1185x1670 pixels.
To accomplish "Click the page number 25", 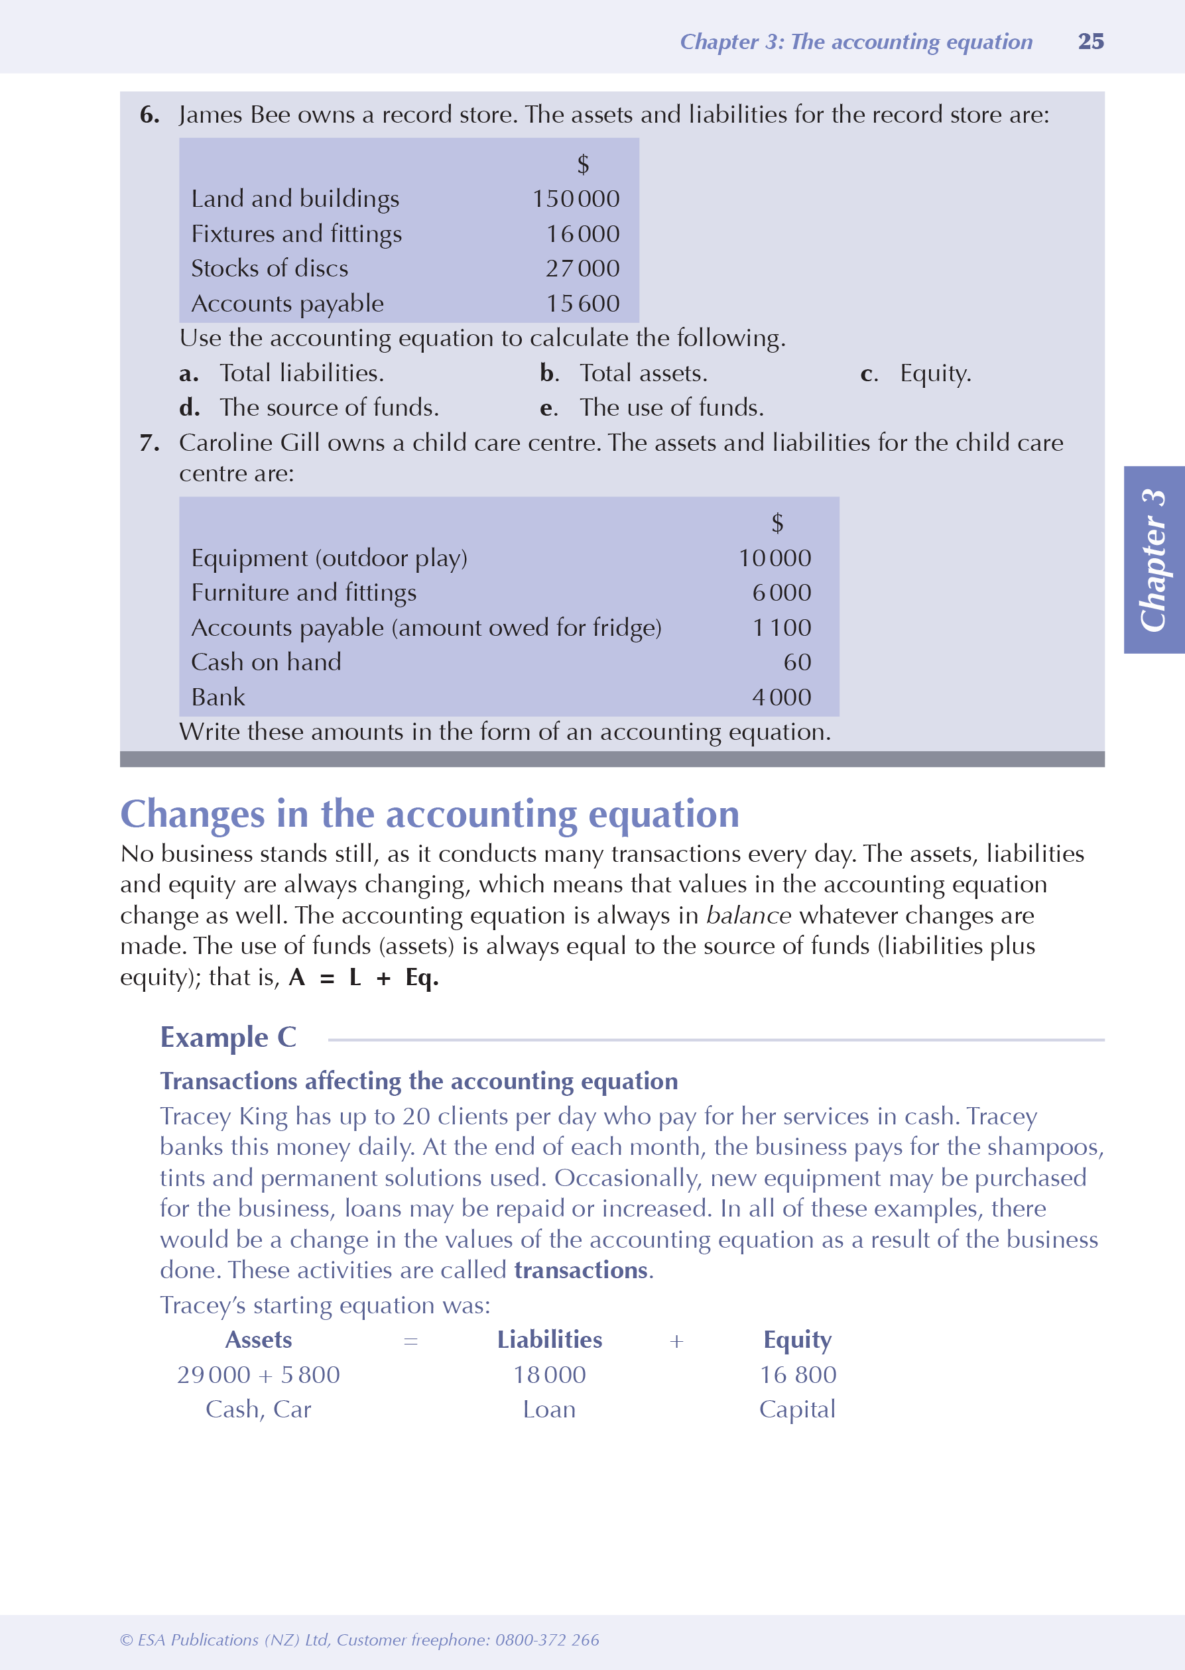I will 1090,42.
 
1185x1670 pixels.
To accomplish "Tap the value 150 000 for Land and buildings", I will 576,199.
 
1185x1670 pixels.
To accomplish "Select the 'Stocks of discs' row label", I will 269,268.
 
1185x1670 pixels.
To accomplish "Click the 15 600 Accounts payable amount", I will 582,304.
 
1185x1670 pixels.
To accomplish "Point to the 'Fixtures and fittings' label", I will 296,234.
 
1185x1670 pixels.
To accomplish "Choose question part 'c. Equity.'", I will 917,373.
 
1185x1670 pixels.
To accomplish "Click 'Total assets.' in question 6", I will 643,373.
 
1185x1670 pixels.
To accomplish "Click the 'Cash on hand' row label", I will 266,662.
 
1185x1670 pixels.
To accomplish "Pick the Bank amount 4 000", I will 780,697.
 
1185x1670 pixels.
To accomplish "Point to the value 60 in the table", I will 797,662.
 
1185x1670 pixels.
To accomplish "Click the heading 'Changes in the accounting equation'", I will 430,814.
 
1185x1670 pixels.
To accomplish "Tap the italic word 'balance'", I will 748,916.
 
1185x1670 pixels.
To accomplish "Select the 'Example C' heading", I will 228,1038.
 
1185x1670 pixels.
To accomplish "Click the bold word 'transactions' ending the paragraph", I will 581,1270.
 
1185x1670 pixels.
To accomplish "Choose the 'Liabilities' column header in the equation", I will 550,1341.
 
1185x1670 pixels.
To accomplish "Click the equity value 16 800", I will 798,1375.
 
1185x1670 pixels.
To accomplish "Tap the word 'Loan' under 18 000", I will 550,1409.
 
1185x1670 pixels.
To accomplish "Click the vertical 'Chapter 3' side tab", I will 1154,560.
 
